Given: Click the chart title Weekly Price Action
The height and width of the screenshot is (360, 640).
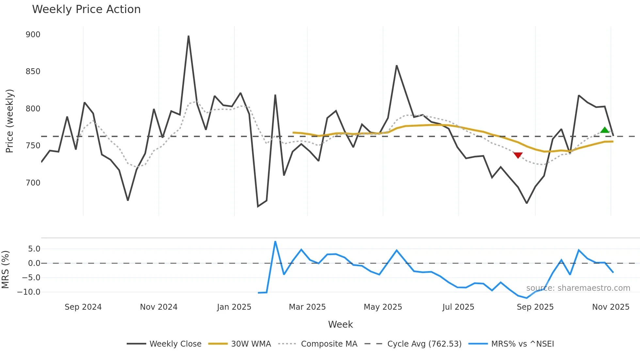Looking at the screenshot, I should [86, 9].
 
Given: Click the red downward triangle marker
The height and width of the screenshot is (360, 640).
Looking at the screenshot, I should [518, 155].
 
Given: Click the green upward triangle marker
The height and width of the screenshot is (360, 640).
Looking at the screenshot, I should [605, 130].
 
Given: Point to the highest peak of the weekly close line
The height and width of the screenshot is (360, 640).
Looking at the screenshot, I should [188, 36].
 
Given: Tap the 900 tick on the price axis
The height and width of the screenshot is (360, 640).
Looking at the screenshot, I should [33, 35].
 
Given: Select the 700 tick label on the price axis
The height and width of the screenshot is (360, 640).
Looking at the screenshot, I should [33, 183].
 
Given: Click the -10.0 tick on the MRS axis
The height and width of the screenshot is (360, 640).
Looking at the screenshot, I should [29, 292].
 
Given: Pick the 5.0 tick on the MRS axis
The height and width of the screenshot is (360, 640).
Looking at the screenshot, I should [34, 249].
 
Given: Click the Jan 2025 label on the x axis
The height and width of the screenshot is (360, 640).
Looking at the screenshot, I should [234, 307].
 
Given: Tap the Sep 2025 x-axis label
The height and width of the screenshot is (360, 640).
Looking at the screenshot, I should [535, 307].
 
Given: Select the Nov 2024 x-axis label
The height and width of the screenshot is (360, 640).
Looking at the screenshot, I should [159, 307].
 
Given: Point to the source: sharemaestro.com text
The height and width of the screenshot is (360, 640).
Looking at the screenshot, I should [578, 288].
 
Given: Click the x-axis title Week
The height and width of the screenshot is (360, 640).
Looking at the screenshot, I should [340, 324].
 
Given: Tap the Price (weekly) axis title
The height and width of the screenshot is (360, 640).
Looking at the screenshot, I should [9, 121].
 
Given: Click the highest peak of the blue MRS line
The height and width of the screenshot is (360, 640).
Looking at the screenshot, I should [275, 242].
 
